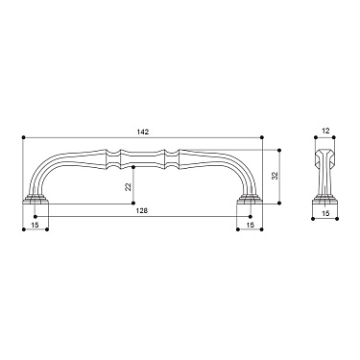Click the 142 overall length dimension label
pyautogui.click(x=144, y=132)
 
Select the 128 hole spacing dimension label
pyautogui.click(x=142, y=210)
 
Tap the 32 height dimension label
pyautogui.click(x=275, y=176)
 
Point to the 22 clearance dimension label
pyautogui.click(x=128, y=186)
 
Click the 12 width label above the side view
pyautogui.click(x=325, y=131)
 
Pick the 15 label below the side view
pyautogui.click(x=325, y=213)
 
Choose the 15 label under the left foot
pyautogui.click(x=36, y=225)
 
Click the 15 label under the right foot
pyautogui.click(x=251, y=225)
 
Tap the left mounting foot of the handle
pyautogui.click(x=36, y=199)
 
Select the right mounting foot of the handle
pyautogui.click(x=250, y=199)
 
